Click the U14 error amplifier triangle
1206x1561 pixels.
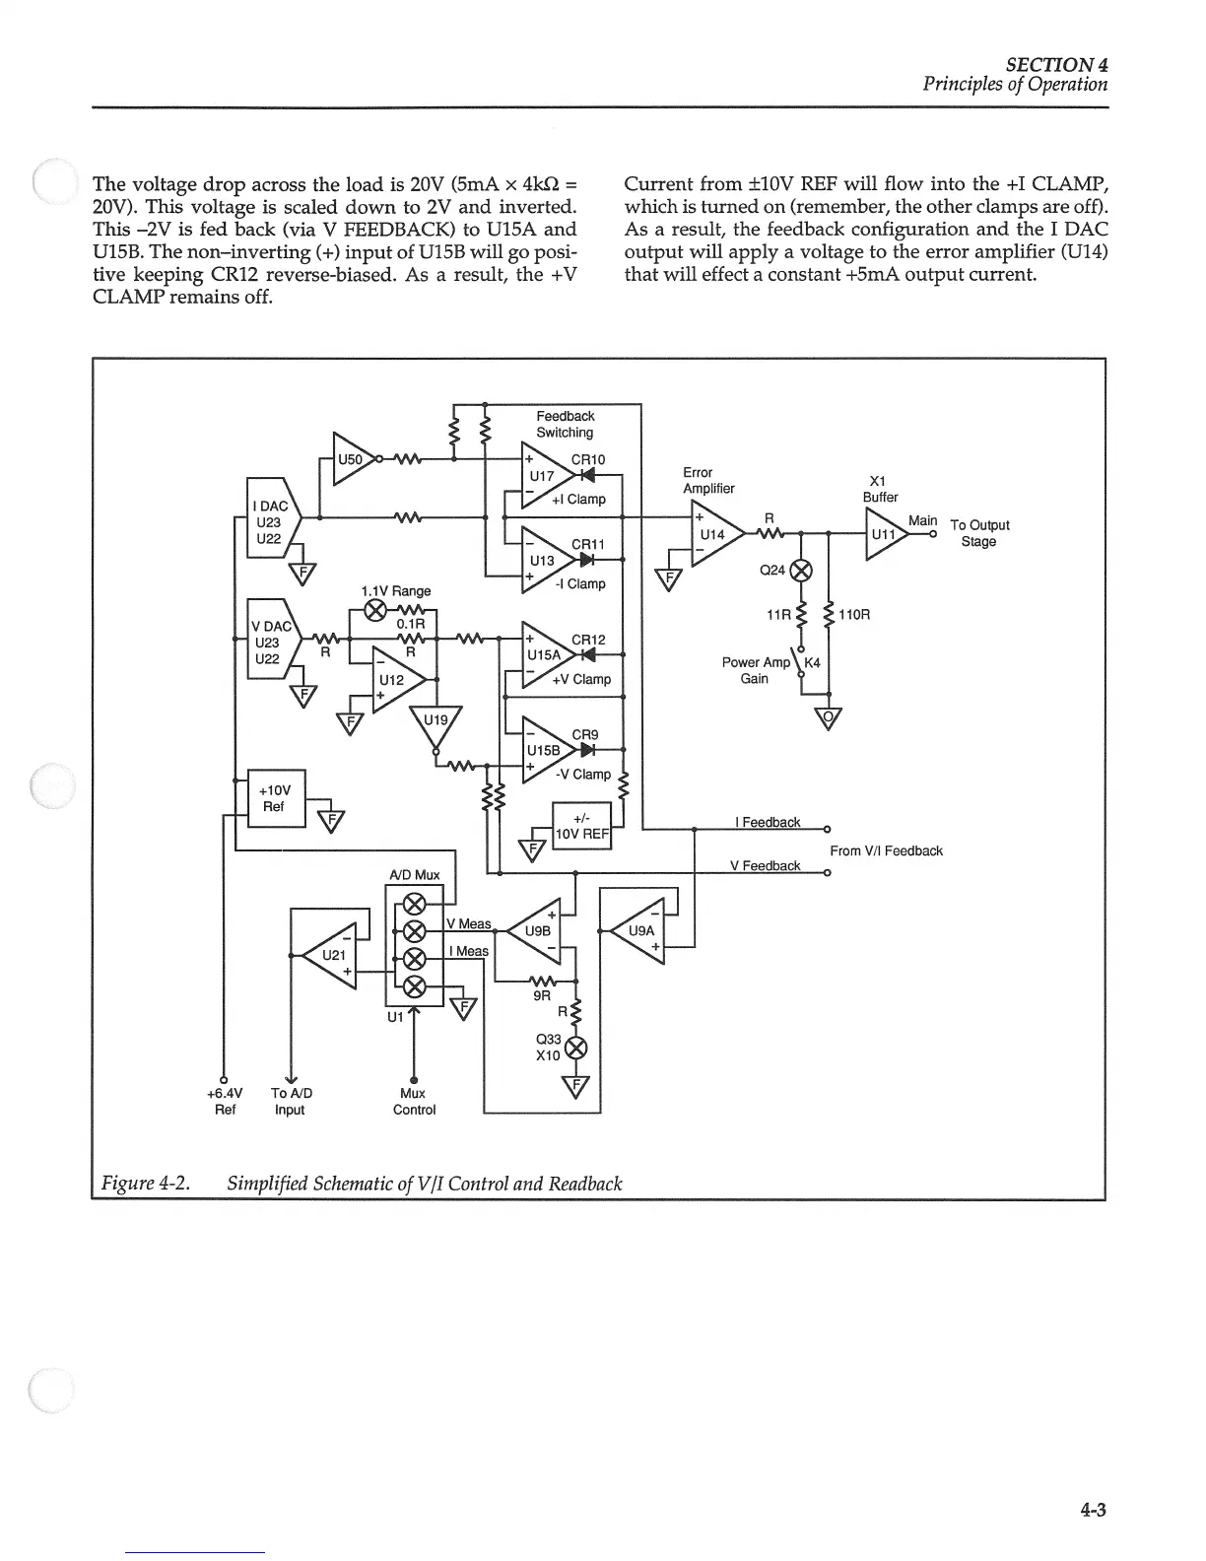tap(713, 535)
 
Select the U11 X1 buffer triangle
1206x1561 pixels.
tap(884, 535)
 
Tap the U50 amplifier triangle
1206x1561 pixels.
tap(353, 458)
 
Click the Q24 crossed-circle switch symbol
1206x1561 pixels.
tap(802, 570)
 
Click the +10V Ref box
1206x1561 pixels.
tap(273, 798)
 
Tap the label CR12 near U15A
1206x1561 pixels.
tap(588, 640)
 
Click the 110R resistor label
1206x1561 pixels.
tap(854, 615)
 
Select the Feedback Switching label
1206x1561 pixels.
tap(565, 424)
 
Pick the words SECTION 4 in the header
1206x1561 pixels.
tap(1056, 64)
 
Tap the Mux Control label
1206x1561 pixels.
tap(414, 1101)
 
